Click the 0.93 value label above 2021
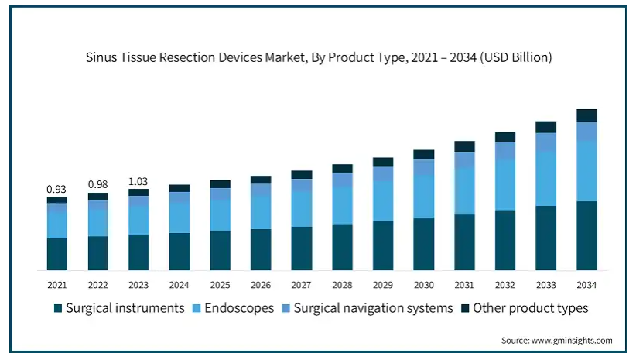pyautogui.click(x=56, y=189)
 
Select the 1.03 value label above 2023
pyautogui.click(x=138, y=181)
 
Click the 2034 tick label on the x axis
pyautogui.click(x=586, y=284)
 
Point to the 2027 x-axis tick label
pyautogui.click(x=301, y=284)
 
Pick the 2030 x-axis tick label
pyautogui.click(x=423, y=284)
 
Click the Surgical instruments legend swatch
pyautogui.click(x=58, y=309)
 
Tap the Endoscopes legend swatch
pyautogui.click(x=196, y=309)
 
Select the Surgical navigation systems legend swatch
pyautogui.click(x=286, y=309)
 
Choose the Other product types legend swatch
pyautogui.click(x=465, y=309)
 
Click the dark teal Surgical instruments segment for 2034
pyautogui.click(x=586, y=235)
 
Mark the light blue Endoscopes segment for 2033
pyautogui.click(x=545, y=179)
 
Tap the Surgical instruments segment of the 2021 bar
pyautogui.click(x=56, y=254)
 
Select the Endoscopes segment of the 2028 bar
pyautogui.click(x=342, y=205)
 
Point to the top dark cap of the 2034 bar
pyautogui.click(x=586, y=115)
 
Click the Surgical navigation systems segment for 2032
pyautogui.click(x=505, y=151)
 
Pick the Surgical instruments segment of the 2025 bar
pyautogui.click(x=220, y=250)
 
